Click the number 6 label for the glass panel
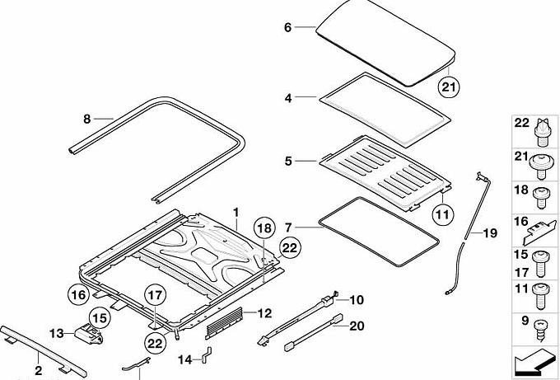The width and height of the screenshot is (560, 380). pyautogui.click(x=288, y=27)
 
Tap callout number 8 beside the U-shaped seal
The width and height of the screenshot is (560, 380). pyautogui.click(x=86, y=119)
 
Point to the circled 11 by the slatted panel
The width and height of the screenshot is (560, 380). pyautogui.click(x=443, y=215)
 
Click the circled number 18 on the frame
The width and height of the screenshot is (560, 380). pyautogui.click(x=262, y=228)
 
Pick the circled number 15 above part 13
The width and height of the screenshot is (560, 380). pyautogui.click(x=99, y=316)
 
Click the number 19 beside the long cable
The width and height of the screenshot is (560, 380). pyautogui.click(x=490, y=234)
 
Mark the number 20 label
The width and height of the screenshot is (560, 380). pyautogui.click(x=356, y=326)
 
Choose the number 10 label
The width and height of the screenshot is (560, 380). pyautogui.click(x=356, y=300)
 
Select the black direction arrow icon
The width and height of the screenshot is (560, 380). pyautogui.click(x=534, y=359)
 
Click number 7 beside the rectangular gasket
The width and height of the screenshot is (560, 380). pyautogui.click(x=288, y=226)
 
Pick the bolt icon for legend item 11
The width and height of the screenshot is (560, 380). pyautogui.click(x=541, y=290)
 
